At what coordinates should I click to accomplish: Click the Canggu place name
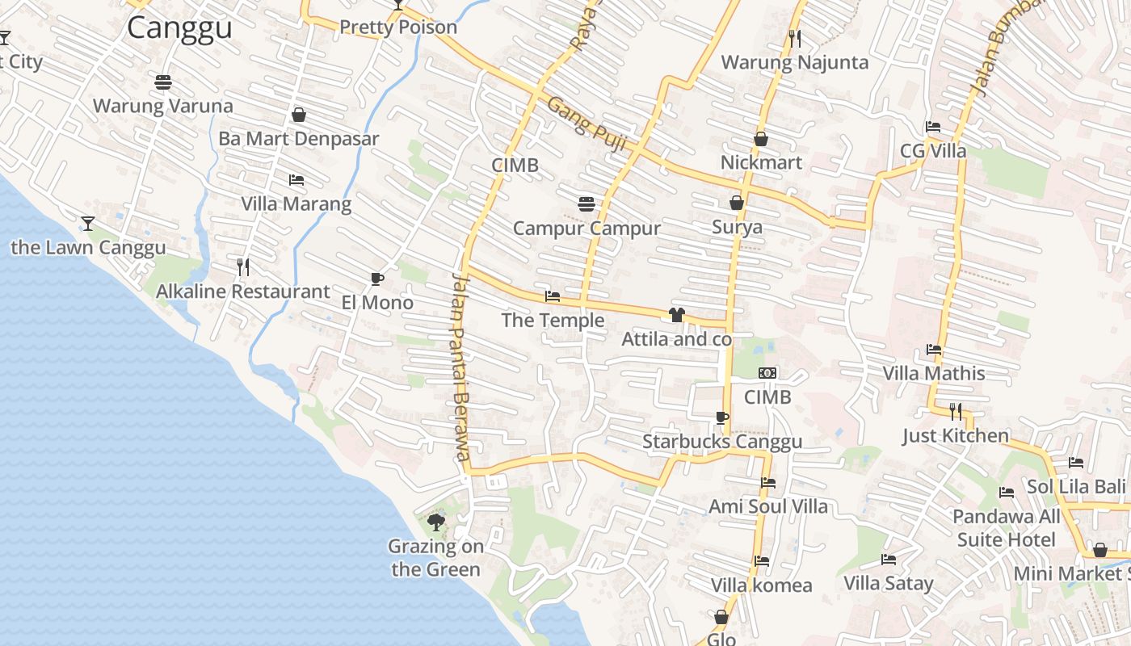click(x=179, y=28)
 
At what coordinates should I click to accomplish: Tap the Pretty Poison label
click(x=397, y=27)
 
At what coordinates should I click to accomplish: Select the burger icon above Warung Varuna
click(x=163, y=82)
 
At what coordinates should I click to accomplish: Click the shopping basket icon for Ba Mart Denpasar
click(x=298, y=115)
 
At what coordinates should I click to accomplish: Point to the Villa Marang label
click(x=296, y=203)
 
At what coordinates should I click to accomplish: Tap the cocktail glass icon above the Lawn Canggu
click(x=88, y=223)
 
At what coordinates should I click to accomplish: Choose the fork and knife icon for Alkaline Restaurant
click(x=242, y=266)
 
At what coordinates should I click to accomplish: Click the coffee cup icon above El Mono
click(x=376, y=279)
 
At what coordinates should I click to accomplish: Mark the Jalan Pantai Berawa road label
click(x=460, y=367)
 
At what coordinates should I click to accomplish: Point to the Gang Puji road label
click(x=587, y=124)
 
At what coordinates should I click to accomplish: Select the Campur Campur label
click(x=587, y=229)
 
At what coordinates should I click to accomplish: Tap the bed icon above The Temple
click(x=553, y=296)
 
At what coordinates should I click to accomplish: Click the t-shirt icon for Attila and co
click(x=677, y=315)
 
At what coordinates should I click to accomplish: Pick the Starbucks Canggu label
click(x=722, y=442)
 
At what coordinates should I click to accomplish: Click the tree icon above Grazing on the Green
click(x=436, y=522)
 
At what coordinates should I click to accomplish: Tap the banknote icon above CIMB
click(x=767, y=373)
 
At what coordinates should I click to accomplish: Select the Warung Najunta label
click(x=794, y=62)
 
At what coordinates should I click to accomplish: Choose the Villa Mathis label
click(x=933, y=374)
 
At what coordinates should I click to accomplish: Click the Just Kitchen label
click(x=956, y=436)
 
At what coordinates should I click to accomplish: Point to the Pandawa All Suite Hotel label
click(x=1007, y=528)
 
